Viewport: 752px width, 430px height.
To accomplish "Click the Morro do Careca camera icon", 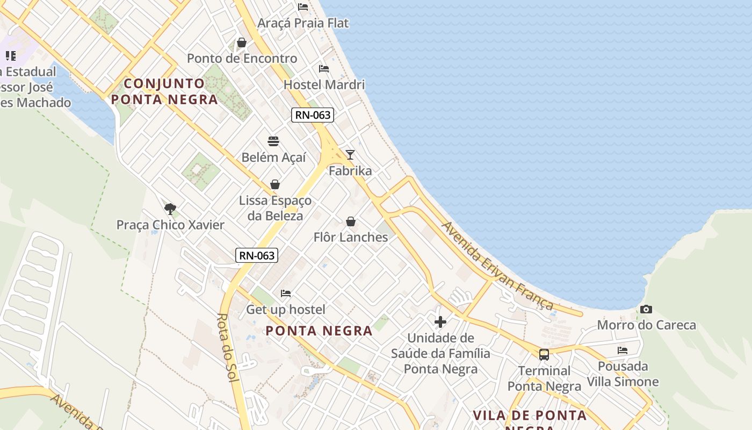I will (646, 309).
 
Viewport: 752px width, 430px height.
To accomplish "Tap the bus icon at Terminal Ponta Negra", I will (544, 354).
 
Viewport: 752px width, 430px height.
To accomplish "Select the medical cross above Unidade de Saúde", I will (440, 322).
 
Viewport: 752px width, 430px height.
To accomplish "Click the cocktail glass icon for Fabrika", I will (350, 155).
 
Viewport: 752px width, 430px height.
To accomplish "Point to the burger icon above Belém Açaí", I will (273, 141).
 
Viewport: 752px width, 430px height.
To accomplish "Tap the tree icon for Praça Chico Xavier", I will (170, 209).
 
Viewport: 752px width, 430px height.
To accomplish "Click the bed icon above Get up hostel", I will (286, 293).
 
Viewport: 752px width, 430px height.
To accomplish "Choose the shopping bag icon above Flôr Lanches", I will (351, 221).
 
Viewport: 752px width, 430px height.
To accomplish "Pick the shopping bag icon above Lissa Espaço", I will (275, 184).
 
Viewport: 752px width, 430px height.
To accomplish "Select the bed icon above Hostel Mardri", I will (324, 69).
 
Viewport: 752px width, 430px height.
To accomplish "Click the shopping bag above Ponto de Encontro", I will (242, 42).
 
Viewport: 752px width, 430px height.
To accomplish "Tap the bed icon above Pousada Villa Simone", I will (623, 350).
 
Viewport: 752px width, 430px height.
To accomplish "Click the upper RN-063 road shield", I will (313, 114).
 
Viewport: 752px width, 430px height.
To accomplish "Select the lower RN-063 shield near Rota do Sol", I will (257, 255).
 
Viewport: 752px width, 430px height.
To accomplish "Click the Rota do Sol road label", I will (228, 348).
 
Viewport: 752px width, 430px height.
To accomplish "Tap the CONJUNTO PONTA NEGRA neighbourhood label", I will (164, 91).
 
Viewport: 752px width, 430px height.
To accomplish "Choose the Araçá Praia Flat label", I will (303, 23).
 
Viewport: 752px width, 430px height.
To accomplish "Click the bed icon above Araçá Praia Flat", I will (303, 7).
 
